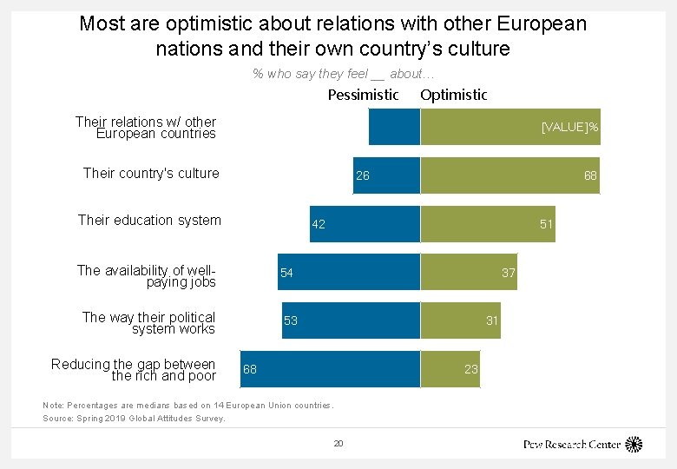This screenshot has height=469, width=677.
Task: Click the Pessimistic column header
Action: tap(363, 95)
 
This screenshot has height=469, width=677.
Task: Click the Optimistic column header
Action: tap(453, 95)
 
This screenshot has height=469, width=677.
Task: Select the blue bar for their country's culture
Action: tap(386, 175)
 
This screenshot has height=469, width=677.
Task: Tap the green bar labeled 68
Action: tap(509, 175)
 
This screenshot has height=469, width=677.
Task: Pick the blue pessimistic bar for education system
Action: tap(365, 224)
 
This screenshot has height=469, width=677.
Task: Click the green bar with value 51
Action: tap(487, 224)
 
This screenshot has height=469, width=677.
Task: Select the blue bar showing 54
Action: tap(349, 273)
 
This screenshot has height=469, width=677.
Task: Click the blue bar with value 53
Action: tap(351, 320)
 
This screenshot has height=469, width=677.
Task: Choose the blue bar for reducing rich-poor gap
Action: tap(329, 369)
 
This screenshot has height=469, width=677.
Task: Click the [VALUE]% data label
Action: tap(569, 128)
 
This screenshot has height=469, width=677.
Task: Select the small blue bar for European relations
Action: tap(394, 127)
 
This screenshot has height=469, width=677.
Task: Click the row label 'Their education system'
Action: tap(149, 221)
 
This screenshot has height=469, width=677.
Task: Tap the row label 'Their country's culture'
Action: tap(151, 173)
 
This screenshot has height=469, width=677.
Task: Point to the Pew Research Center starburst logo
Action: tap(634, 444)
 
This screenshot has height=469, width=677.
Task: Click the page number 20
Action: tap(338, 444)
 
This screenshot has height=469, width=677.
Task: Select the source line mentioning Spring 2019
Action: tap(134, 419)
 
